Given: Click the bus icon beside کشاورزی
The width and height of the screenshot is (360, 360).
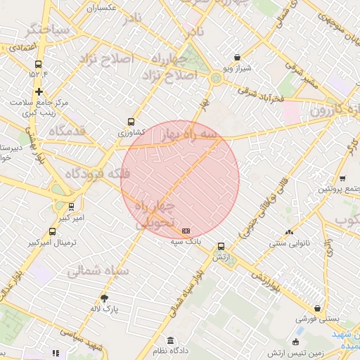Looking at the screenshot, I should click(x=129, y=121).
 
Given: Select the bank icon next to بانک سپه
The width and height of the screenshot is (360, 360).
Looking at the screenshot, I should click(x=186, y=231).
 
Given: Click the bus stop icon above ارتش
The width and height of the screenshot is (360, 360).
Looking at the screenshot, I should click(x=221, y=246).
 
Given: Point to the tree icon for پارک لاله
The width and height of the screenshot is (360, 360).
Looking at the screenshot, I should click(x=105, y=298).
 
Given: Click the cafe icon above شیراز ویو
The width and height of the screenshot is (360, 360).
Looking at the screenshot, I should click(x=237, y=57).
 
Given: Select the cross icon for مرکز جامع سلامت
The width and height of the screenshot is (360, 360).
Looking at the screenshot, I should click(x=39, y=91).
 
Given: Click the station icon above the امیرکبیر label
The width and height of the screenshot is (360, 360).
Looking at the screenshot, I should click(x=71, y=207).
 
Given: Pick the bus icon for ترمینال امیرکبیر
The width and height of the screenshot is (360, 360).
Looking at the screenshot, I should click(x=53, y=231).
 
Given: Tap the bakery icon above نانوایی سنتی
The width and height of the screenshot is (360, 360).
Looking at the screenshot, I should click(x=288, y=233).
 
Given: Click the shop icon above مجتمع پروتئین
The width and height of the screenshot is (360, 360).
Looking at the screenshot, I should click(x=342, y=178).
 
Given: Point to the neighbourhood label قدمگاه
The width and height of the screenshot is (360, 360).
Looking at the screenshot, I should click(x=68, y=131).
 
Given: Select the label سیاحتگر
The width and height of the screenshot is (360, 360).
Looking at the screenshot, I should click(x=47, y=30).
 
